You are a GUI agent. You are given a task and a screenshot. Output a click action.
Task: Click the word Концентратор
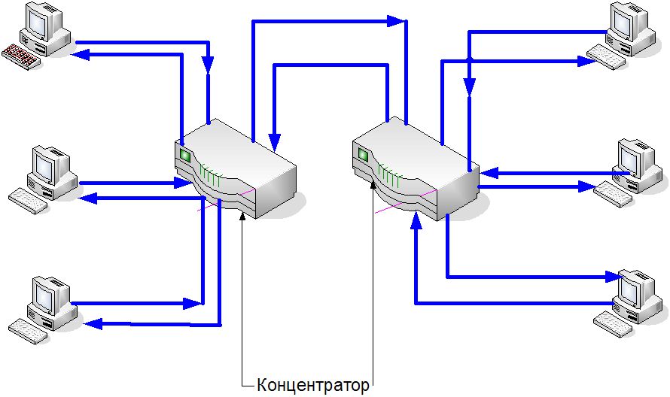coord(313,386)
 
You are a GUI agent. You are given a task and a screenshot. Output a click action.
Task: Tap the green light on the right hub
coord(362,155)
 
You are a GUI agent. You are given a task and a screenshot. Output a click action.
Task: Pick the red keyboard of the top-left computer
coord(19,56)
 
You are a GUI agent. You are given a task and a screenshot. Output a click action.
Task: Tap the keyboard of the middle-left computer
coord(26,198)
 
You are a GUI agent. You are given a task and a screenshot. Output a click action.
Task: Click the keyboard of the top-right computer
coord(607,56)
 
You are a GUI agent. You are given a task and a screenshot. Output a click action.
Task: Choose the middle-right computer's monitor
coord(631,156)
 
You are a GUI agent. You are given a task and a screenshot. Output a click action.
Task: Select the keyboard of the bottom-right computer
coord(613,322)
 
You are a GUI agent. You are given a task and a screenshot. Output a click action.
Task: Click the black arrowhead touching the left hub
coord(242,216)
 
